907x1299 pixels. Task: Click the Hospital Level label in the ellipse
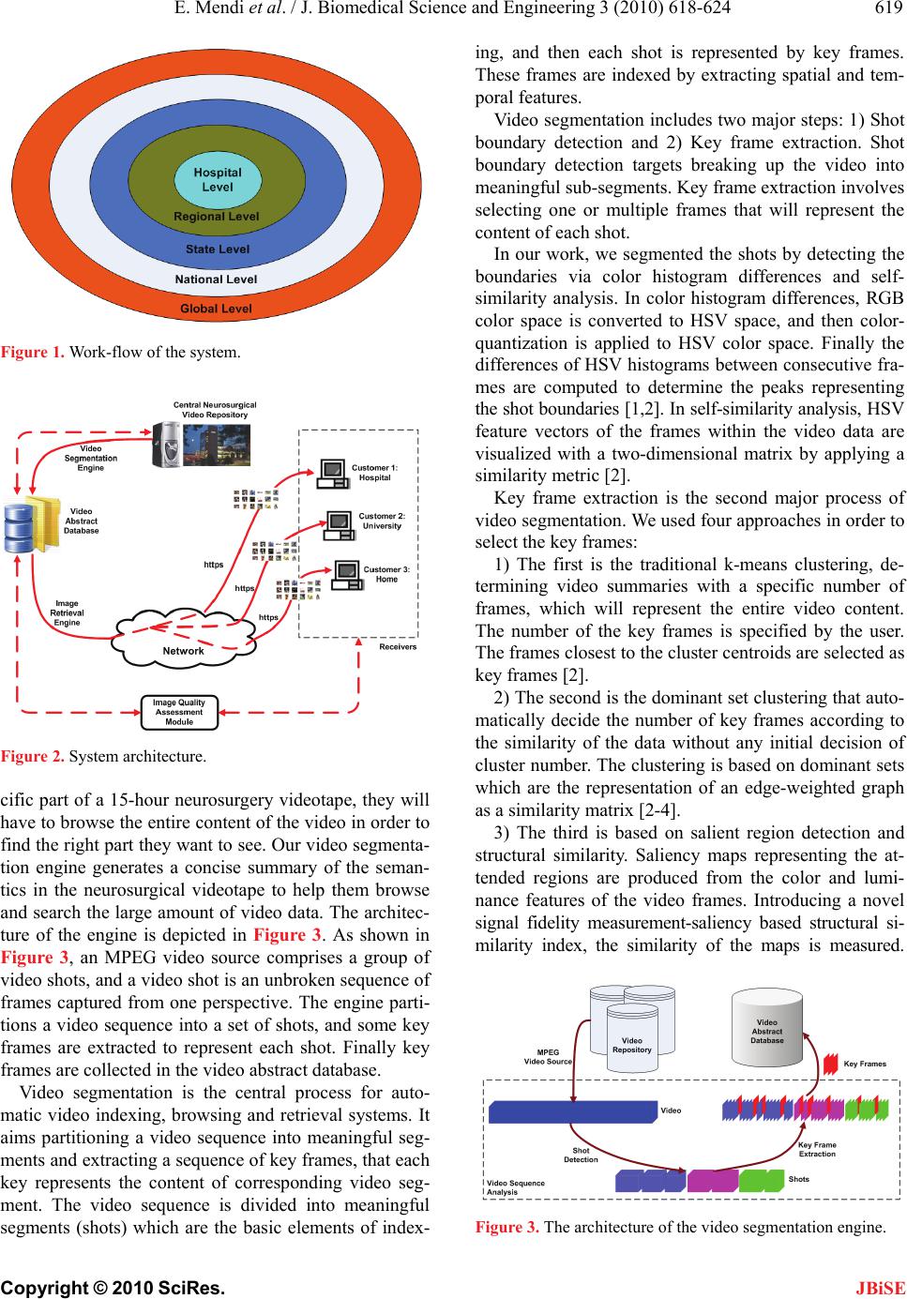[218, 180]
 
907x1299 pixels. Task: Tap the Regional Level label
[217, 217]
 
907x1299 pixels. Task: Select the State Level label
[218, 249]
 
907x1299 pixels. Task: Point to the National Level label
[216, 279]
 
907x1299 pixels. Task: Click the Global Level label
[216, 309]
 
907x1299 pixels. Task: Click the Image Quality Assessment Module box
[179, 712]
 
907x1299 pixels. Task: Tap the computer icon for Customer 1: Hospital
[333, 474]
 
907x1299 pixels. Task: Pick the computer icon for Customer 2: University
[339, 525]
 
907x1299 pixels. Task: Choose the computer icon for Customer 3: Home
[347, 575]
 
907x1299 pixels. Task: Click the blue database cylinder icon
[19, 528]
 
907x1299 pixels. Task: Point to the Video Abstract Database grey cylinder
[766, 1028]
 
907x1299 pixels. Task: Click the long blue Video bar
[573, 1111]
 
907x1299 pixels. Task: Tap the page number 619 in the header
[888, 8]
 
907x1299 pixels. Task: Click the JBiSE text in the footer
[881, 1288]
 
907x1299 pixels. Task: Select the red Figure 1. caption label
[33, 352]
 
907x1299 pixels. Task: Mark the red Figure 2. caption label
[33, 756]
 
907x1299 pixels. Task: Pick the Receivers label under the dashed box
[398, 646]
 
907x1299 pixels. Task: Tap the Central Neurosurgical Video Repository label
[215, 410]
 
